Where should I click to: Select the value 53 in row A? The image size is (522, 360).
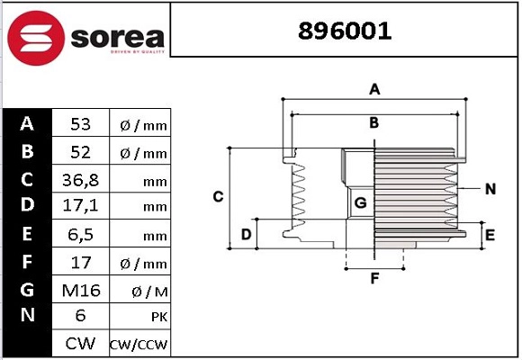(81, 124)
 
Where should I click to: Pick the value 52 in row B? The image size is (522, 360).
(81, 152)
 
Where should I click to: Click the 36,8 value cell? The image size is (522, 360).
(81, 180)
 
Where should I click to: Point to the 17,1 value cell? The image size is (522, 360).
(81, 207)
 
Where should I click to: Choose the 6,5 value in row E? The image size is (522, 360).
(81, 234)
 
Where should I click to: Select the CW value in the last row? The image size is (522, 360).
(81, 344)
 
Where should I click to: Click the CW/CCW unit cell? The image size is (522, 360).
(139, 345)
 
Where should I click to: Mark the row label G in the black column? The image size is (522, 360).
(27, 289)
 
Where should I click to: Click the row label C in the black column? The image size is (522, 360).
(27, 179)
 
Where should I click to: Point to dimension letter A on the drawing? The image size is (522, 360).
(374, 88)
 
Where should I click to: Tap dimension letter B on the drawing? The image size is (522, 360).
(373, 122)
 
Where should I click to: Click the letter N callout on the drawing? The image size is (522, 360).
(490, 189)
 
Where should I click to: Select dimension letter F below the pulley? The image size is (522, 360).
(374, 278)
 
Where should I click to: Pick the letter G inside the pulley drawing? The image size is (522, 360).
(360, 203)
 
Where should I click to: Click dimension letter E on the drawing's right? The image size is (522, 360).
(490, 235)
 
